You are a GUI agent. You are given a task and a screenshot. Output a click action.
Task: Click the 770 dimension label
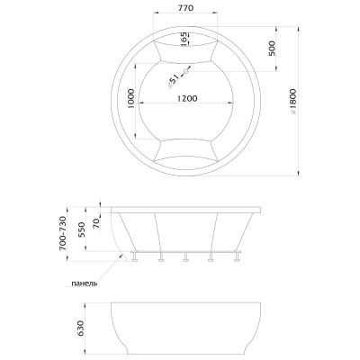(x=186, y=8)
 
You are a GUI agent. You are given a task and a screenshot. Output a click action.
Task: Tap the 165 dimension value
(x=184, y=39)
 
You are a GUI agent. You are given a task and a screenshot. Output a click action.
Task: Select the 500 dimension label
(x=271, y=49)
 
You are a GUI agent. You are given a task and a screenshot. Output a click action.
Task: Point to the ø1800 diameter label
(x=293, y=102)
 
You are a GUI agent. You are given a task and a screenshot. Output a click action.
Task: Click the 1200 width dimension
(x=187, y=98)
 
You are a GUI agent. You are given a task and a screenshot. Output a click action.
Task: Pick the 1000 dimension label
(x=131, y=99)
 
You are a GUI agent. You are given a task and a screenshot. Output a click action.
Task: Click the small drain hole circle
(x=185, y=71)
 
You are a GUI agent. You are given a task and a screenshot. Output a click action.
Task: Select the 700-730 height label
(x=62, y=233)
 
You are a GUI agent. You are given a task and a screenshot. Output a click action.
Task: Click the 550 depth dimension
(x=82, y=229)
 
